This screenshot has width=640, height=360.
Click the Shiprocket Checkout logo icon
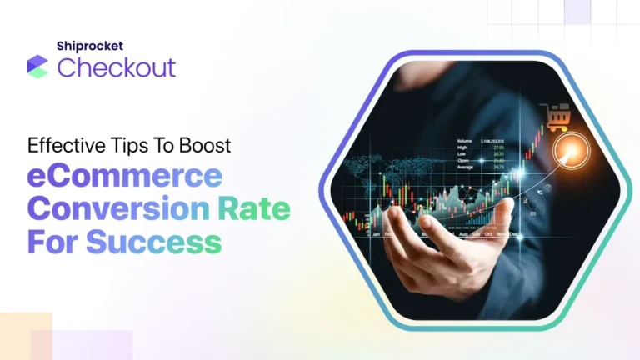click(x=37, y=67)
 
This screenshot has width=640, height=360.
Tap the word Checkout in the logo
click(x=117, y=67)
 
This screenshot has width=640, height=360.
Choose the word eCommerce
click(x=125, y=177)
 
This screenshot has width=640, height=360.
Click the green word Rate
click(x=256, y=208)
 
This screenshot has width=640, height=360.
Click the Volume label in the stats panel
click(x=465, y=141)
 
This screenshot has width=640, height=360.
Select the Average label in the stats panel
click(x=467, y=167)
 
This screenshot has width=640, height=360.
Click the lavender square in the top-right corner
click(x=577, y=11)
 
